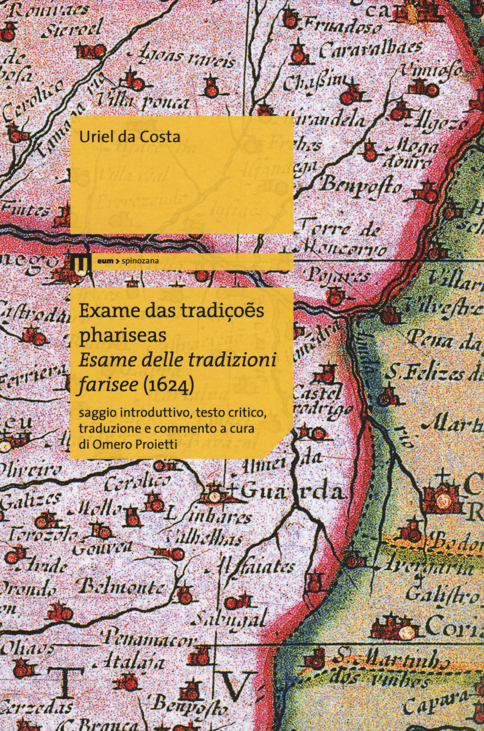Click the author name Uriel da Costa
point(130,137)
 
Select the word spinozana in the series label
point(141,261)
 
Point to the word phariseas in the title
point(122,335)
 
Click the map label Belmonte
point(121,588)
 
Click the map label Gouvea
point(102,548)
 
